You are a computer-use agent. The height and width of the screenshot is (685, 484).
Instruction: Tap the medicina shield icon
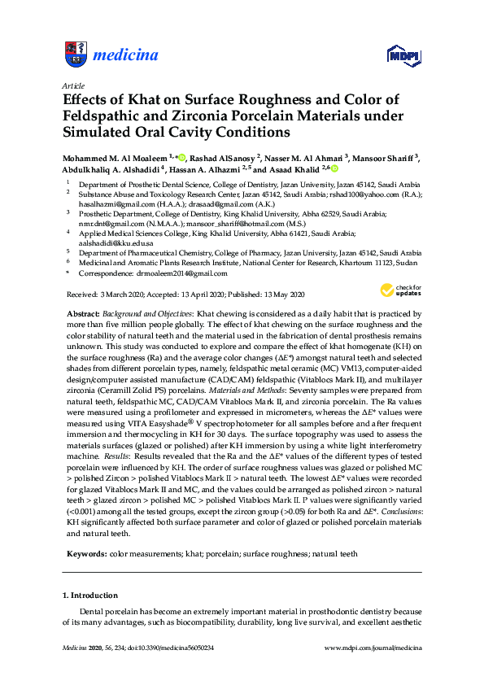pyautogui.click(x=75, y=55)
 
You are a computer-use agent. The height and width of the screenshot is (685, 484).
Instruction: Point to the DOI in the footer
pyautogui.click(x=178, y=647)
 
